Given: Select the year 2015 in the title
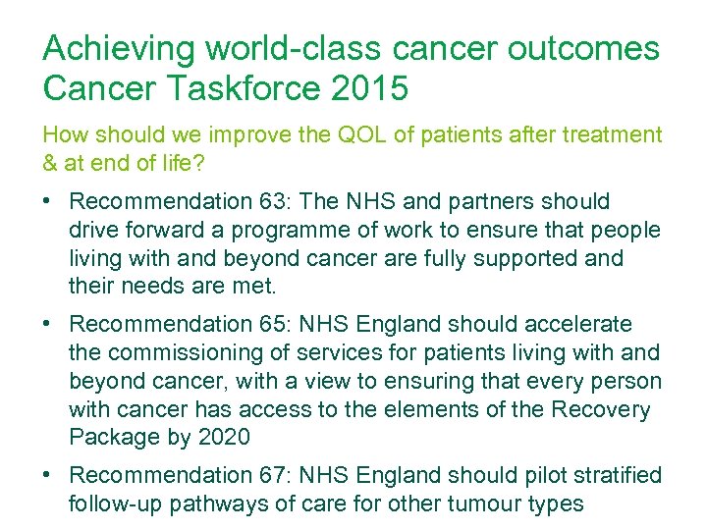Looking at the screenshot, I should (369, 89).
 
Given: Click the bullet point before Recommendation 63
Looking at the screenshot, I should (48, 202).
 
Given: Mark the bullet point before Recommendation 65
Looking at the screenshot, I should (48, 324).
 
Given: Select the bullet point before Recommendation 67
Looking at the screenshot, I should (48, 475).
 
